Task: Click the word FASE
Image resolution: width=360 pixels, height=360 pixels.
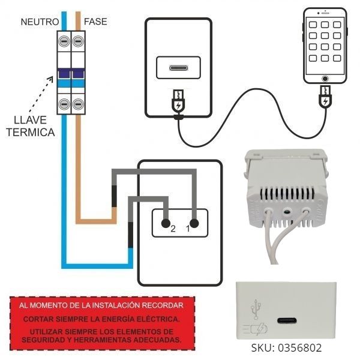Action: pyautogui.click(x=96, y=22)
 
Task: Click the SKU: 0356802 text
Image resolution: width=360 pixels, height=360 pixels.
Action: pyautogui.click(x=286, y=347)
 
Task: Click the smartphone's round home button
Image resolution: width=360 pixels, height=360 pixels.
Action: pyautogui.click(x=325, y=79)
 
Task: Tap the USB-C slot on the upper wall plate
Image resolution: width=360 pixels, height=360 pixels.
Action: pyautogui.click(x=178, y=67)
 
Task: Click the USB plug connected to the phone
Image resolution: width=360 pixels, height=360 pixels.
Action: pyautogui.click(x=325, y=97)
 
